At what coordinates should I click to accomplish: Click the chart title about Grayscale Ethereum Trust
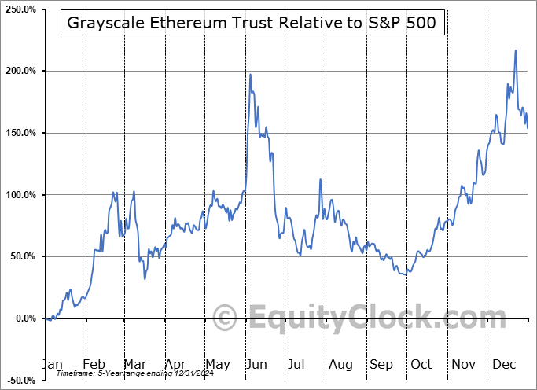(253, 24)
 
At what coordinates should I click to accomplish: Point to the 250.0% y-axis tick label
(20, 9)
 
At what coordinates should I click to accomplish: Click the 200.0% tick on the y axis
(20, 72)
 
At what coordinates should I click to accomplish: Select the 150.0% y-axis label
(20, 133)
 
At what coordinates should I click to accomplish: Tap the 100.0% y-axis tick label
(20, 195)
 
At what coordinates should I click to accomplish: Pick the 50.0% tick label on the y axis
(21, 256)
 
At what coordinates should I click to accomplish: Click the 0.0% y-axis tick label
(24, 318)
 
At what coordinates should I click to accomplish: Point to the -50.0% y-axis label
(20, 380)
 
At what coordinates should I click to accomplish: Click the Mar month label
(134, 365)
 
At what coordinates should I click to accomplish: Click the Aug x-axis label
(340, 365)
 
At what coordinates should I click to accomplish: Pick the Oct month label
(422, 365)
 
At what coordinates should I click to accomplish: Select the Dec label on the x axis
(505, 365)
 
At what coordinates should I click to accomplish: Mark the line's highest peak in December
(516, 50)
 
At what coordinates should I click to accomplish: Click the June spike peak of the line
(250, 75)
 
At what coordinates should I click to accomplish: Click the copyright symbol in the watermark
(226, 318)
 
